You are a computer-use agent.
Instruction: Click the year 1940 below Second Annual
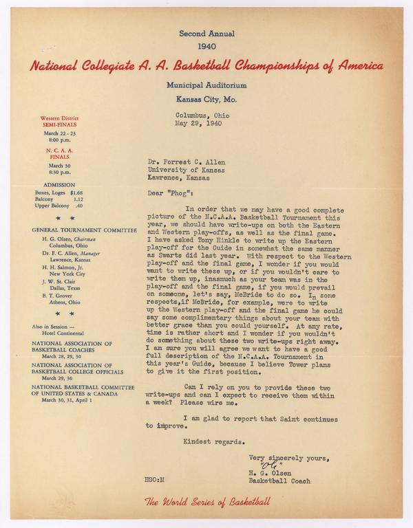pos(206,47)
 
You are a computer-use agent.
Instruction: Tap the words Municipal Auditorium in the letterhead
pos(205,85)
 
